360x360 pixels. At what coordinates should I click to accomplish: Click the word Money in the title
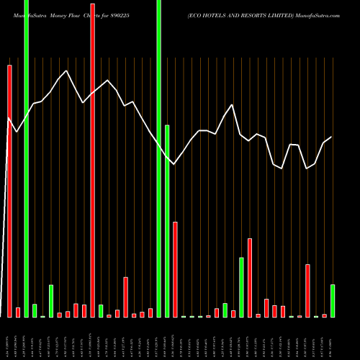coord(61,6)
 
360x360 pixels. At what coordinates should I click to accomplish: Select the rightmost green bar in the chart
coord(333,301)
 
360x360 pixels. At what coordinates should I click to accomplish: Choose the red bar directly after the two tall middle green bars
coord(175,269)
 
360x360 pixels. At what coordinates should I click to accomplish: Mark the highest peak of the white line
coord(66,71)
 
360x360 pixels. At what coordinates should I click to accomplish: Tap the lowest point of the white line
coord(307,168)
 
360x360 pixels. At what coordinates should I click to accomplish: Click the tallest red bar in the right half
coord(250,277)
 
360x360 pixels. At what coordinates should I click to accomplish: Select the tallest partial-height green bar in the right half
coord(241,287)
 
